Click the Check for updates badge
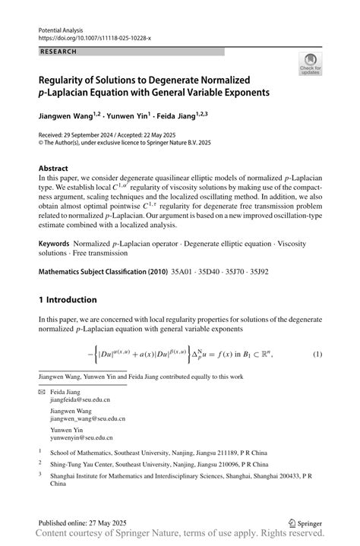pyautogui.click(x=310, y=65)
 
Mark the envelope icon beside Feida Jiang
pyautogui.click(x=42, y=392)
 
